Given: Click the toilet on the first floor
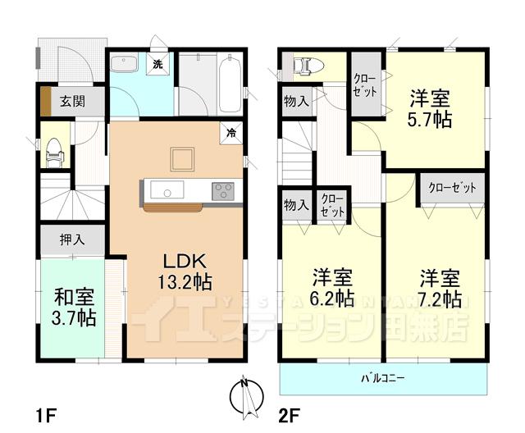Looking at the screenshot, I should point(53,150).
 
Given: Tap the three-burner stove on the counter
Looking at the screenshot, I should point(222,191).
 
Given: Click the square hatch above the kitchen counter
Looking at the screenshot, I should point(182,157).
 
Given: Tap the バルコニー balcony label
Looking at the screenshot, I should point(384,378).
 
